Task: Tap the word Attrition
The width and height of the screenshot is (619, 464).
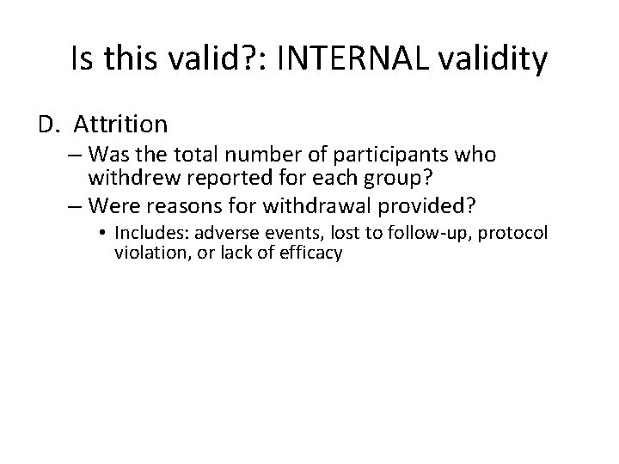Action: pyautogui.click(x=120, y=125)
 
